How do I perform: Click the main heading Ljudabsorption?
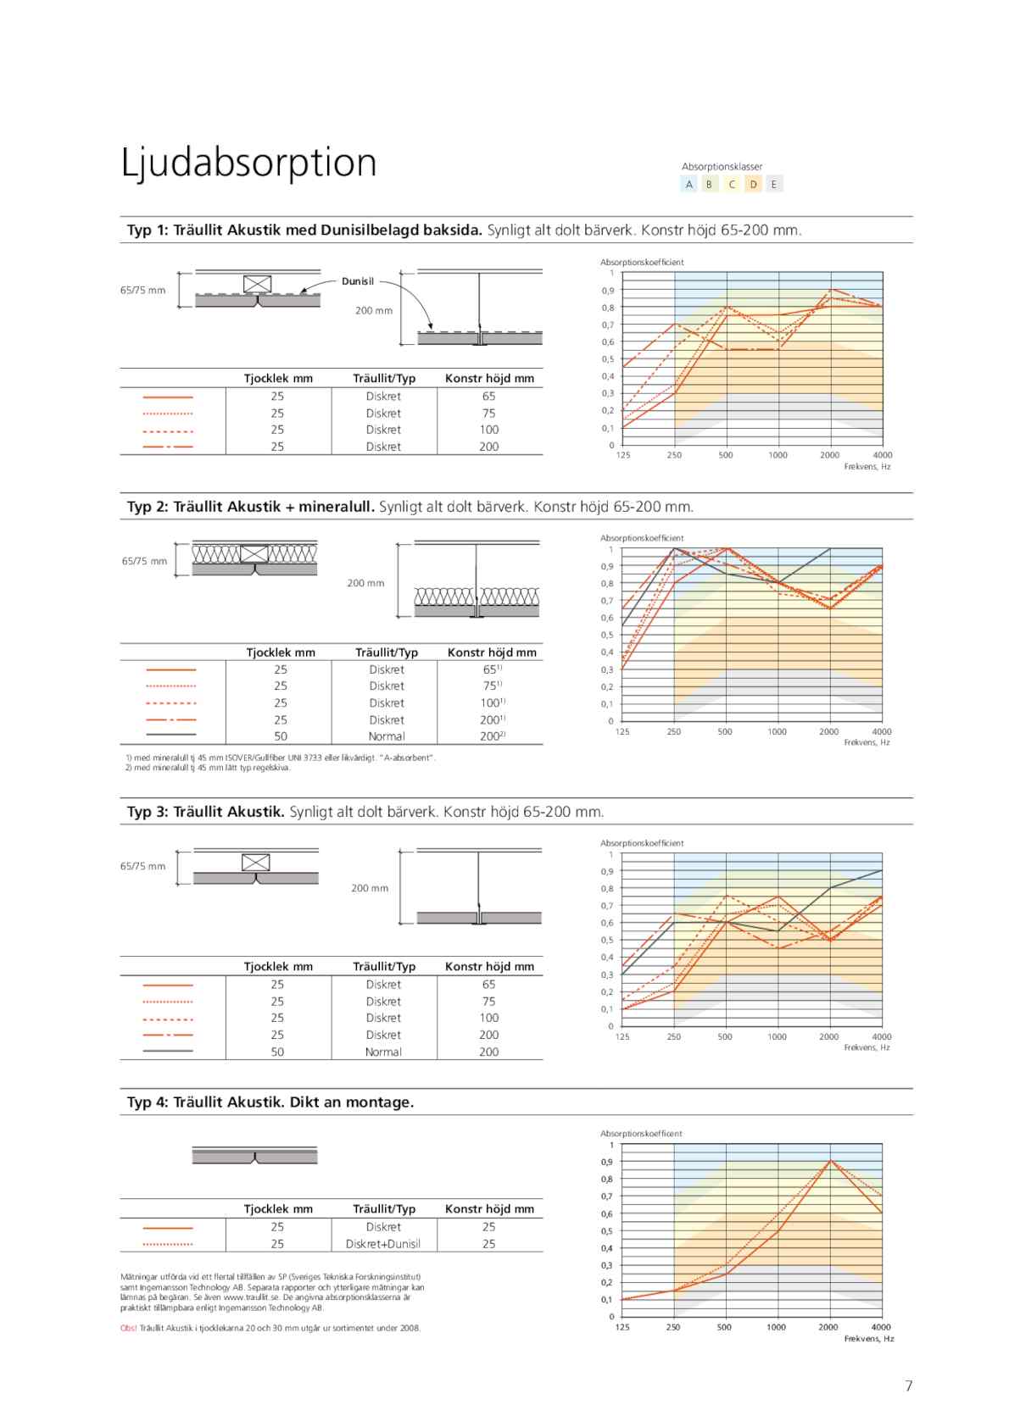tap(248, 163)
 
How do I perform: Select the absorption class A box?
tap(689, 184)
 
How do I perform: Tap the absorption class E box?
tap(774, 184)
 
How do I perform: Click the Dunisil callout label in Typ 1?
tap(358, 281)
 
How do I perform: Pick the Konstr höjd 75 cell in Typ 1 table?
tap(488, 414)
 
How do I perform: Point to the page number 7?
tap(908, 1385)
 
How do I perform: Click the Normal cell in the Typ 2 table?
tap(387, 736)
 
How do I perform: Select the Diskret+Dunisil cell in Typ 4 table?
tap(383, 1244)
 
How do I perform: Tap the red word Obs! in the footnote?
tap(129, 1328)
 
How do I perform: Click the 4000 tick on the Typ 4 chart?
tap(881, 1327)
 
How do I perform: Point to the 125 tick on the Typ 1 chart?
tap(623, 455)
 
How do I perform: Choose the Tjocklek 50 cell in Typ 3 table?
tap(277, 1052)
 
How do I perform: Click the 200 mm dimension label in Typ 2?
tap(365, 583)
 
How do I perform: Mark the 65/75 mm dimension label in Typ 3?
tap(142, 866)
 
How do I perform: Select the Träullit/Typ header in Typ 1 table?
tap(383, 379)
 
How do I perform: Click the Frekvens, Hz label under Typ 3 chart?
tap(867, 1047)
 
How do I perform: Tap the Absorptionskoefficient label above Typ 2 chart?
tap(642, 538)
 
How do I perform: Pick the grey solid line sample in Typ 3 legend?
tap(168, 1052)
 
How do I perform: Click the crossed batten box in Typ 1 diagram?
tap(257, 284)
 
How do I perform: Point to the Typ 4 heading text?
tap(270, 1102)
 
